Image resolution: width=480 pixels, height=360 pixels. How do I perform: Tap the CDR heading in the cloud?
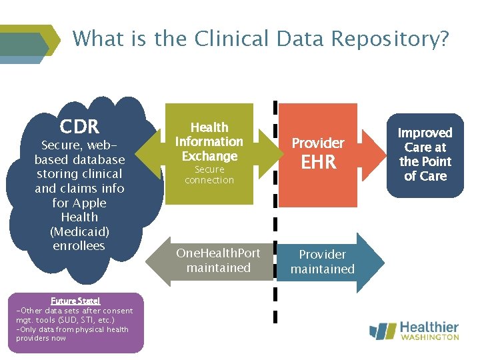pos(79,126)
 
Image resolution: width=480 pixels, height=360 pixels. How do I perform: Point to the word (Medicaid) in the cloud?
pos(79,231)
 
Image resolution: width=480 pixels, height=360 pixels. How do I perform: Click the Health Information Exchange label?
pos(209,141)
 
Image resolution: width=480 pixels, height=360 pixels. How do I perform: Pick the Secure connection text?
pos(209,175)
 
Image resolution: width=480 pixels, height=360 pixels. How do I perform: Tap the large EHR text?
pos(318,163)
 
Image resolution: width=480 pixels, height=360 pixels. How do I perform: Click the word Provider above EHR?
pos(318,143)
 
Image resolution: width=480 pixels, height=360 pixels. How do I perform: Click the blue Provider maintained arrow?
pos(323,261)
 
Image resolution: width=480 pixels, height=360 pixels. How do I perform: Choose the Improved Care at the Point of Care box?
pos(425,155)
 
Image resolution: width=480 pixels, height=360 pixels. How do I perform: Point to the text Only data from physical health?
pos(72,329)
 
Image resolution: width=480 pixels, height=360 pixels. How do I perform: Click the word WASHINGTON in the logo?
pos(430,338)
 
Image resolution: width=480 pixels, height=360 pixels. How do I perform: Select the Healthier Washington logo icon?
pos(383,331)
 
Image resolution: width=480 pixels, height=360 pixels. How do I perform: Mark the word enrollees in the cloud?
pos(79,246)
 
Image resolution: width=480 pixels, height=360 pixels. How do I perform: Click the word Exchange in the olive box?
pos(209,156)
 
